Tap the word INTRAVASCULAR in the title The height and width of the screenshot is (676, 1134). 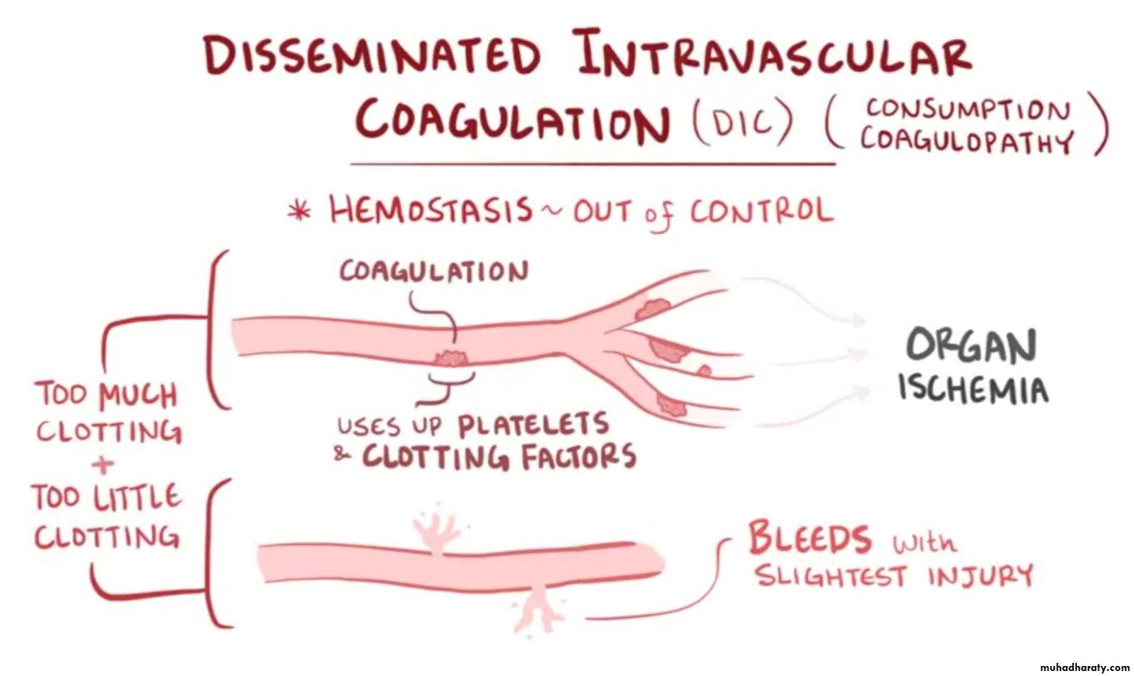click(775, 53)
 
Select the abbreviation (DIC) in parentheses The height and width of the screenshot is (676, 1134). click(743, 123)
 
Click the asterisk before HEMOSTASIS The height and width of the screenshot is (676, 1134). click(299, 212)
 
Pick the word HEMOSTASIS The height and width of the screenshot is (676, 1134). click(431, 210)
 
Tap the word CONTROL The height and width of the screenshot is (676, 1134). click(762, 212)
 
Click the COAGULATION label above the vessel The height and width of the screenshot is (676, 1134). click(434, 272)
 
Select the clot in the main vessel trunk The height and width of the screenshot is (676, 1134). click(450, 359)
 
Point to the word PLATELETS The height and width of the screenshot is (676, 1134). click(533, 425)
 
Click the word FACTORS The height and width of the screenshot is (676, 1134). click(579, 456)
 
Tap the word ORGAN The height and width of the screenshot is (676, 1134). click(971, 346)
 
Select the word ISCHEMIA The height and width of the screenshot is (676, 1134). click(973, 388)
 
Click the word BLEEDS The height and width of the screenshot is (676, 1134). click(809, 538)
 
